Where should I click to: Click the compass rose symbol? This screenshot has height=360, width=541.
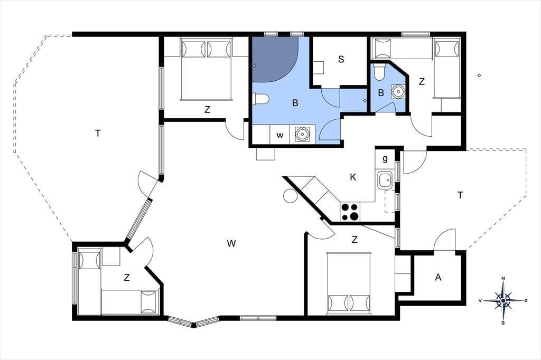pos(503,301)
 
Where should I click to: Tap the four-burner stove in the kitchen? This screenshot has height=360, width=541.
pos(350,212)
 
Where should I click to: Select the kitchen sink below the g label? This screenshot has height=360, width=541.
pos(385,180)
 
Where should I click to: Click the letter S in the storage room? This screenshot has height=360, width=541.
pos(341,59)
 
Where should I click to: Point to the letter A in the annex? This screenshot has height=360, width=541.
pos(438,277)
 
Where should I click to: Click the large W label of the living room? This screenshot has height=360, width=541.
pos(231,243)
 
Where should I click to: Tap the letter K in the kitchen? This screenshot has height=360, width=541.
pos(353,177)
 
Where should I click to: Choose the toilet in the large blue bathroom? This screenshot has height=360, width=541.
pos(260,99)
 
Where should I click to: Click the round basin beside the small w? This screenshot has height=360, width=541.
pos(302,134)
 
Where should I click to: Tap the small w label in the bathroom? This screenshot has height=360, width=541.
pos(280,135)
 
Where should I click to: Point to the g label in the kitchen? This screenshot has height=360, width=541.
pos(385,158)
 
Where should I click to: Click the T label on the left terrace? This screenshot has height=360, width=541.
pos(98,133)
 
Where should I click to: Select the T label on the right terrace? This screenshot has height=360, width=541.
pos(460,195)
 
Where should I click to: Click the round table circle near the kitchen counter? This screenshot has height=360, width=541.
pos(290,196)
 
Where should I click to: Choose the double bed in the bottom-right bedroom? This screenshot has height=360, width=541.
pos(349,284)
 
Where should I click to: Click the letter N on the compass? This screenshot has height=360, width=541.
pos(503,279)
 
